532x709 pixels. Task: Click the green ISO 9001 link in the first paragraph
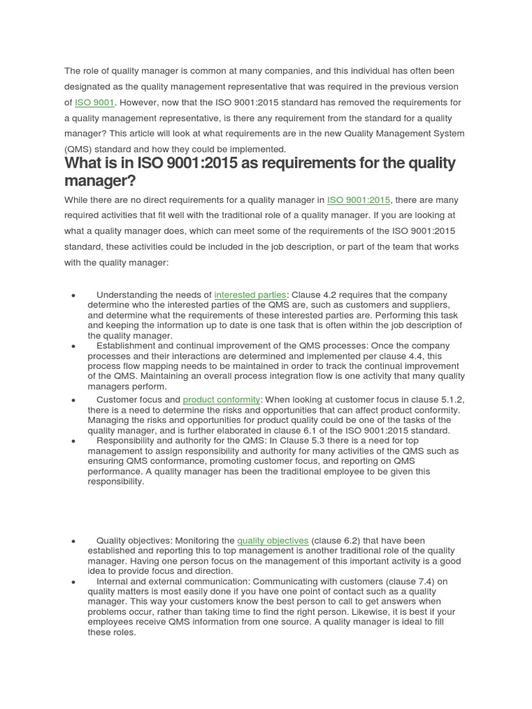95,102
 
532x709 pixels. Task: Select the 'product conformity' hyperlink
222,400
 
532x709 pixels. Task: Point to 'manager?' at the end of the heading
100,181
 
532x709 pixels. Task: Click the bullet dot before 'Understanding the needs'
73,296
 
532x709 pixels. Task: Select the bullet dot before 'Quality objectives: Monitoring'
73,541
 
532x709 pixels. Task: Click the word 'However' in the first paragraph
139,102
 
